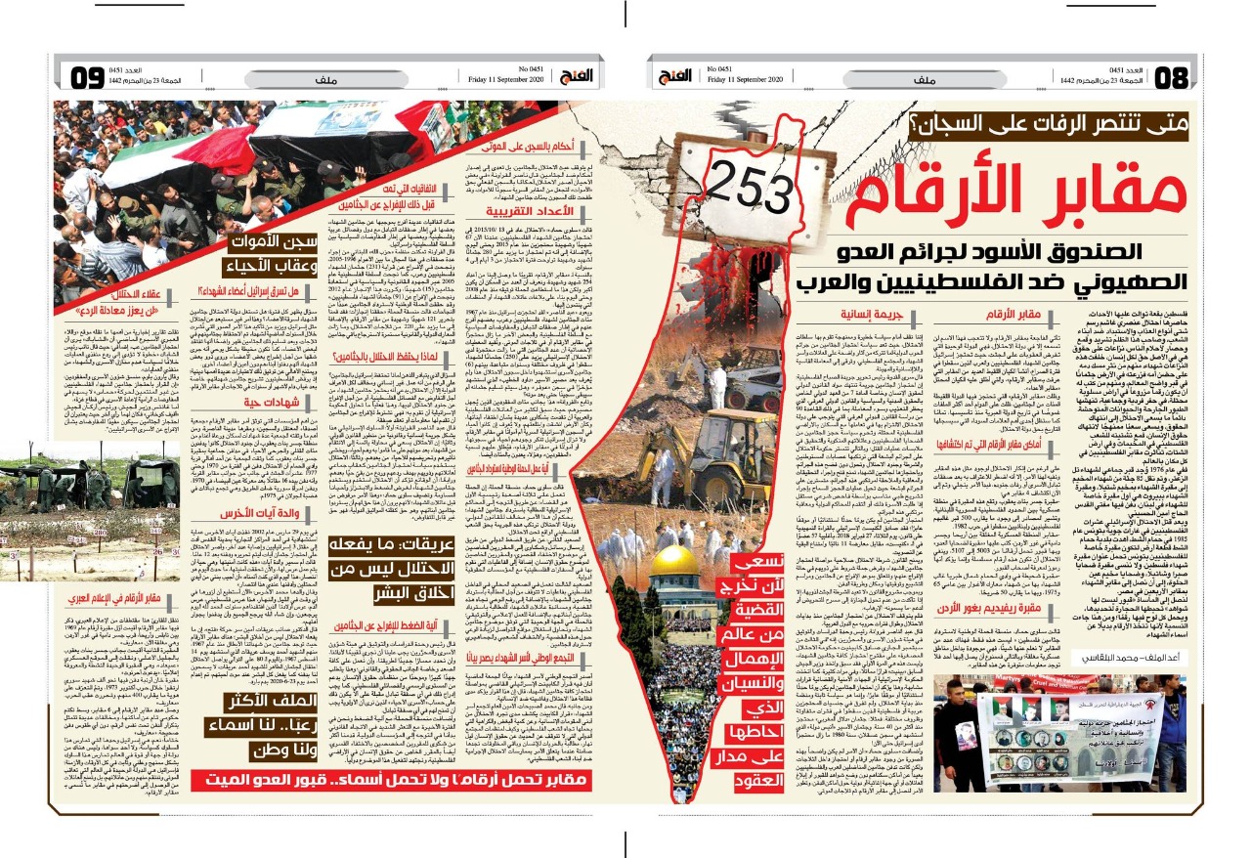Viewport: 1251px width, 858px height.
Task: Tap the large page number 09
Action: (x=86, y=76)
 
